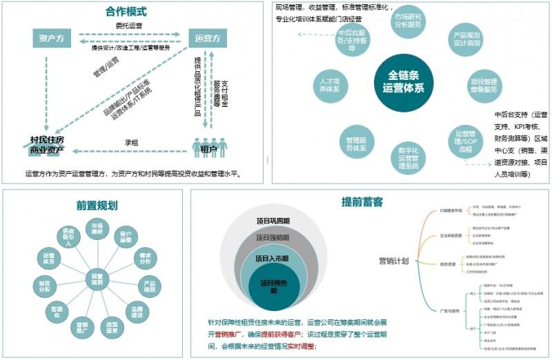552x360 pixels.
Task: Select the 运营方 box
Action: coord(208,38)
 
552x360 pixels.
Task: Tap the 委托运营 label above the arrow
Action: coord(129,26)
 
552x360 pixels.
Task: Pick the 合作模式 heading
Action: coord(126,12)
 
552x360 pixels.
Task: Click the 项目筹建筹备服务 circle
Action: coord(484,86)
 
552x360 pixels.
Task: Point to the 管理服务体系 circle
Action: coord(356,143)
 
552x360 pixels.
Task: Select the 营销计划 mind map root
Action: coord(393,260)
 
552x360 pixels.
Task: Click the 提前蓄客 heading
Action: coord(362,201)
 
